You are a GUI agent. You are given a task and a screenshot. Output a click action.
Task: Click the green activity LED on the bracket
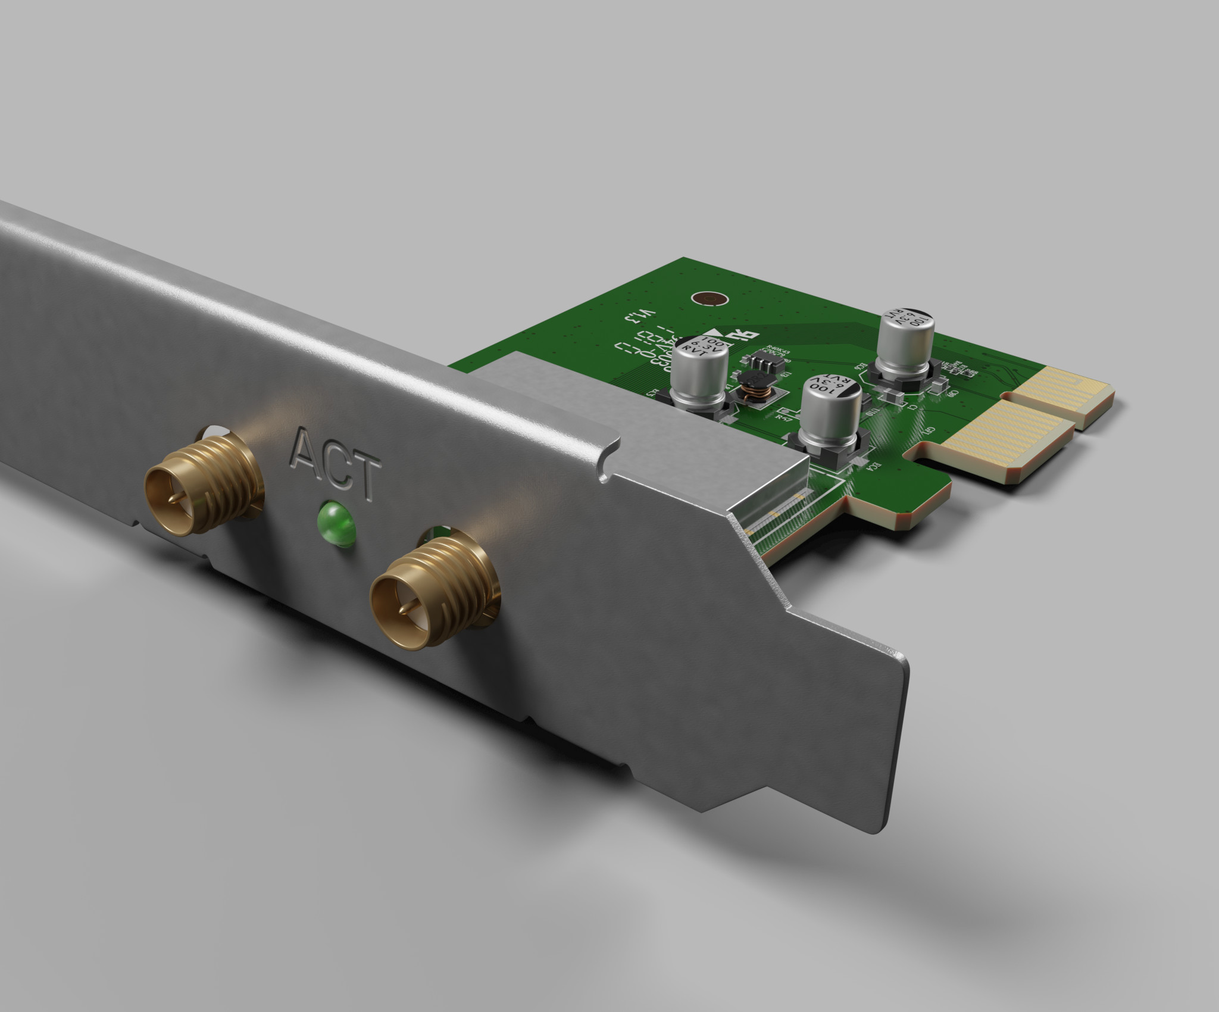coord(336,520)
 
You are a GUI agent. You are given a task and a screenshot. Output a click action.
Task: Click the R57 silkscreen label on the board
coord(784,418)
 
